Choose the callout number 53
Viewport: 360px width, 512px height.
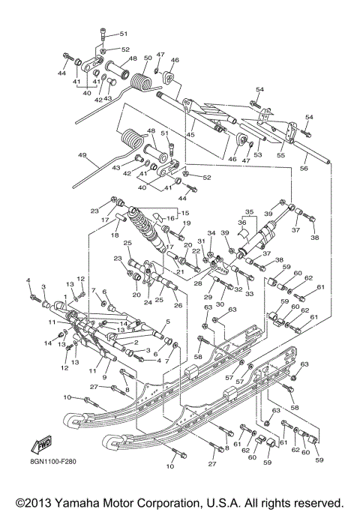click(x=259, y=154)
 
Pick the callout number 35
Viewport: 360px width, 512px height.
click(x=250, y=212)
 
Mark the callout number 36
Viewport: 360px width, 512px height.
click(x=241, y=222)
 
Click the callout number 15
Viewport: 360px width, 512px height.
click(x=183, y=213)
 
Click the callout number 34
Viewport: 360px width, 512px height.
click(x=211, y=233)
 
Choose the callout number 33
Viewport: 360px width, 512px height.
click(x=249, y=294)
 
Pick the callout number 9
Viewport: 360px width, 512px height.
click(x=103, y=377)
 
